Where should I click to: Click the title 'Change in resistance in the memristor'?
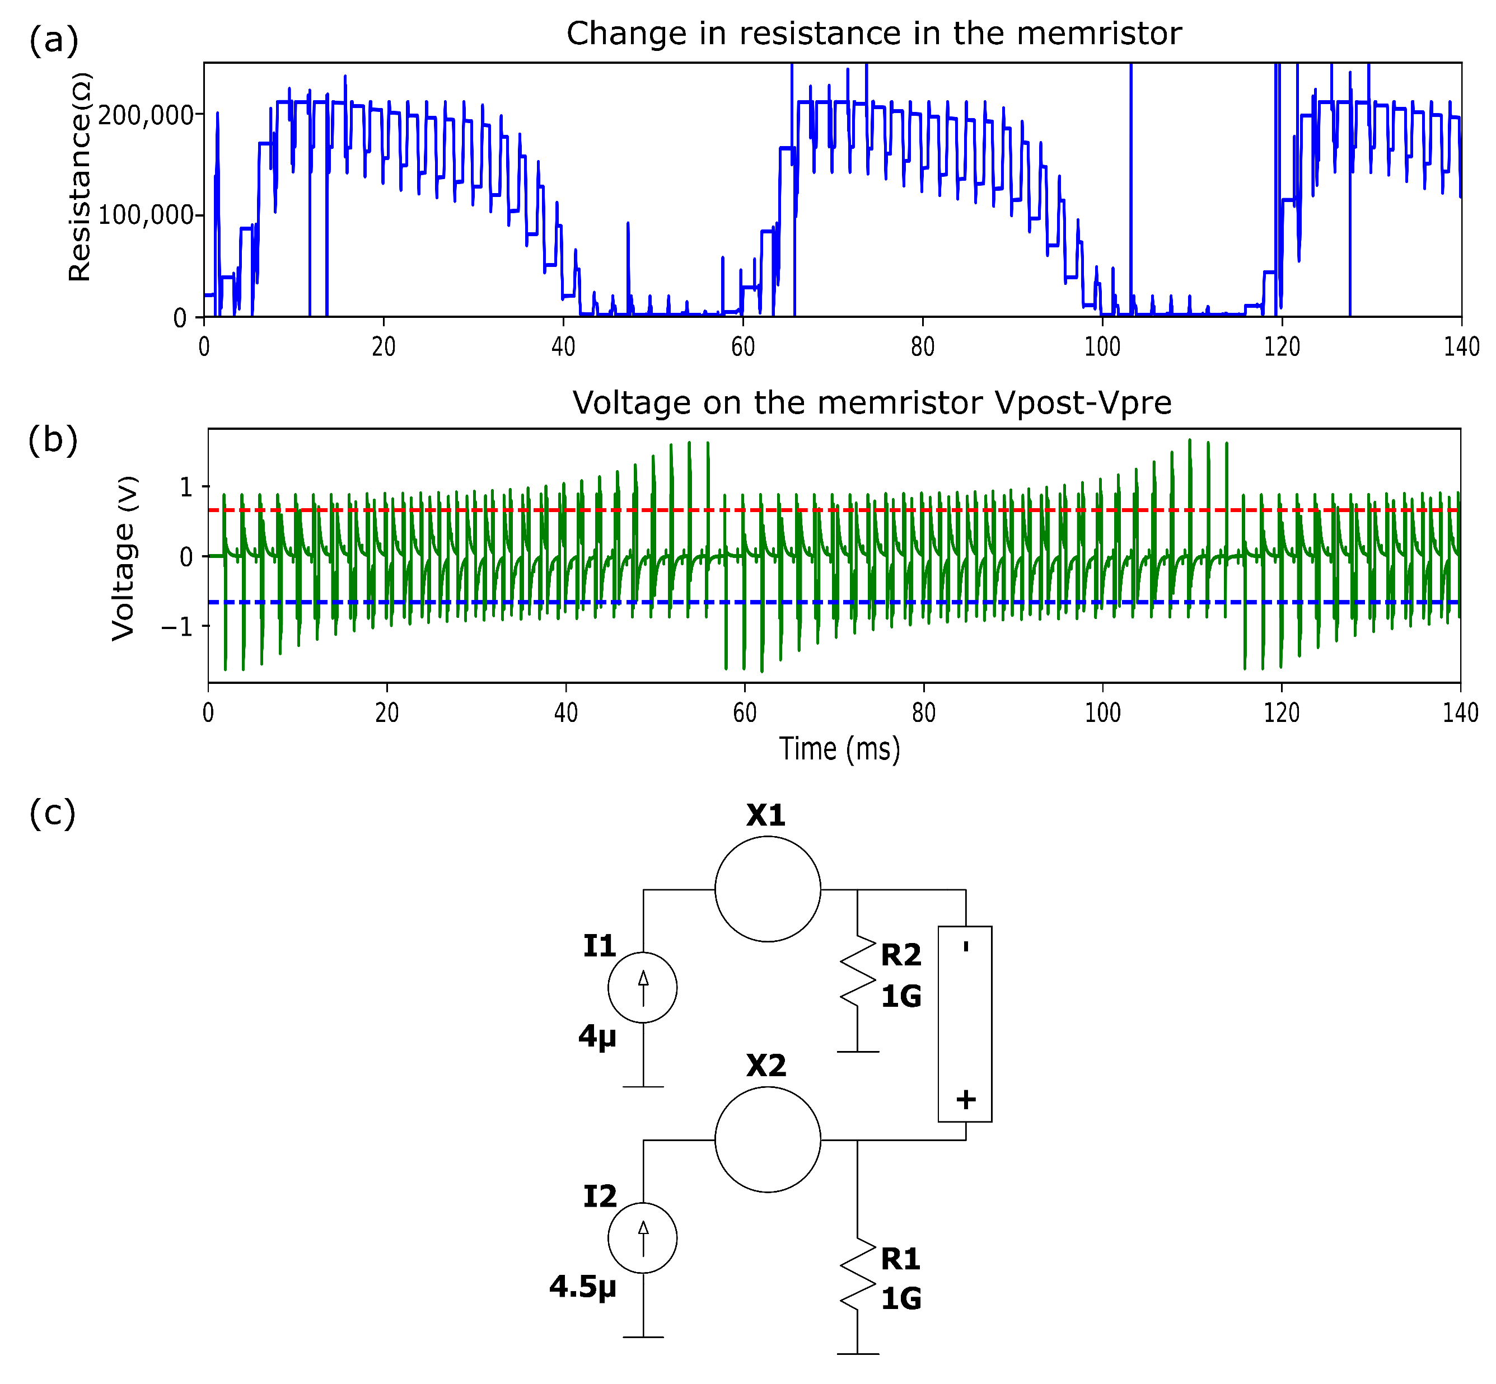[873, 34]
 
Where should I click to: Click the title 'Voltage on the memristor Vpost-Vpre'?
[871, 403]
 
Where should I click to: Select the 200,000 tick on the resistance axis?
[146, 115]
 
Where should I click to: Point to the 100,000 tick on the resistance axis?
[146, 215]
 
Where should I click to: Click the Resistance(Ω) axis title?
[80, 177]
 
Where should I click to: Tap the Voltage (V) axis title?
[124, 559]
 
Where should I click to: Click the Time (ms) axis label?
[839, 749]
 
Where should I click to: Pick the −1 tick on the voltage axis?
[177, 627]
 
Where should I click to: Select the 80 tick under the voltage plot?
[923, 712]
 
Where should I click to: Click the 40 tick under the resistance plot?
[563, 347]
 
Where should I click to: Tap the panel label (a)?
[53, 40]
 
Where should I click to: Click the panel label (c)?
[53, 813]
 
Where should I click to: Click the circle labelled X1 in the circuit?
[767, 889]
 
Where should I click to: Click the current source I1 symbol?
[642, 987]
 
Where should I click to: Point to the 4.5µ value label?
[582, 1287]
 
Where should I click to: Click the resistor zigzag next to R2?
[857, 970]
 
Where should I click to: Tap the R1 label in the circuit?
[900, 1259]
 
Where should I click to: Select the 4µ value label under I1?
[597, 1036]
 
